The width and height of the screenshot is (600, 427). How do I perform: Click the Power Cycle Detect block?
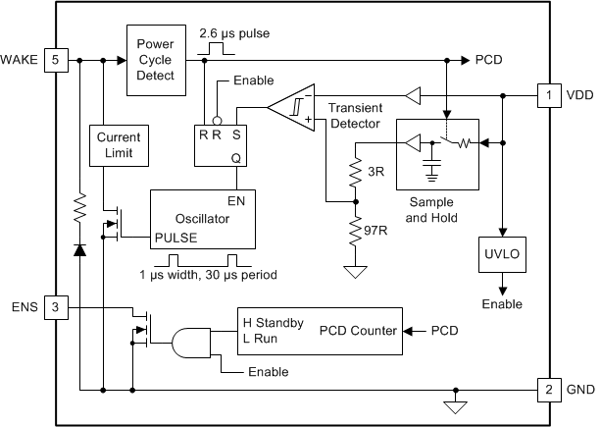pos(154,59)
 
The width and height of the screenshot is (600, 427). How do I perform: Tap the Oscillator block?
pos(202,218)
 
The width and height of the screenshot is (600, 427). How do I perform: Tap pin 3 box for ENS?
pos(55,308)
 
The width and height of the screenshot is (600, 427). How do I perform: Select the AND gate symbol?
pos(190,342)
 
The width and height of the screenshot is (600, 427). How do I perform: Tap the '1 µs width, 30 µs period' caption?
pos(207,276)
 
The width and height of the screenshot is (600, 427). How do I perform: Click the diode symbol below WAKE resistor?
pos(78,250)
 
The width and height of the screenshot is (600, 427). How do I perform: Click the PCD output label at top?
pos(489,60)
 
